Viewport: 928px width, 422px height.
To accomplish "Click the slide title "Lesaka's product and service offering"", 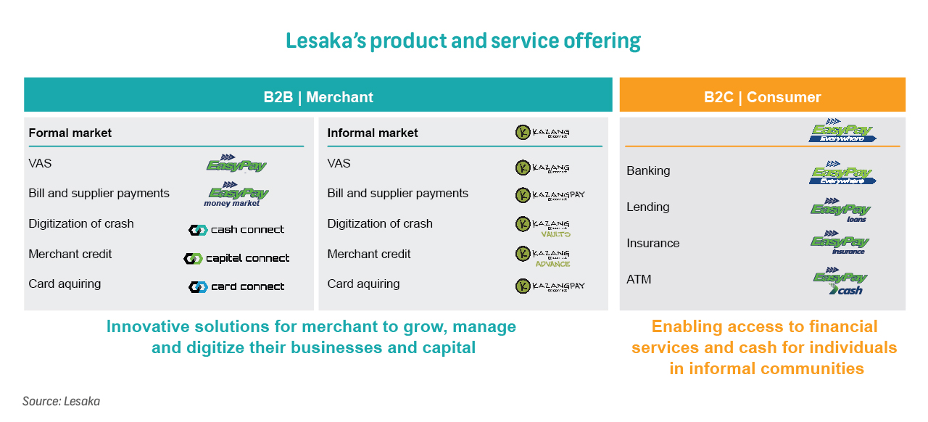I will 463,41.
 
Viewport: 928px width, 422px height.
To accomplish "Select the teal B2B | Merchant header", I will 318,96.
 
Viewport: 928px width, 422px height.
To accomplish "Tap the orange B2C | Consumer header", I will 762,96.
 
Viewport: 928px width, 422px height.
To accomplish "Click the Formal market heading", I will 70,133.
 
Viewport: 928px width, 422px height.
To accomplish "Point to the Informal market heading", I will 373,133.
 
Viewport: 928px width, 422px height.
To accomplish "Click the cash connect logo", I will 236,230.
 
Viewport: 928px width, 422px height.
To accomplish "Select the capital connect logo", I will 236,258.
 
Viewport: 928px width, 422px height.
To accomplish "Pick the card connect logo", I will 236,286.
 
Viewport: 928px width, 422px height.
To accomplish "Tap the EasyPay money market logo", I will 238,195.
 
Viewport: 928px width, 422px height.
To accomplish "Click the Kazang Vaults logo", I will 543,226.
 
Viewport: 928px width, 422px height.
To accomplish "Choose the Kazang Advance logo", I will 543,256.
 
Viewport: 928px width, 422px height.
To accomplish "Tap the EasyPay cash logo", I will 841,282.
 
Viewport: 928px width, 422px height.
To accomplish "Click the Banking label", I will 648,171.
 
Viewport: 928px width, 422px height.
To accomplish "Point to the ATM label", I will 639,279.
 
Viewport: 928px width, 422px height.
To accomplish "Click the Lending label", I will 647,207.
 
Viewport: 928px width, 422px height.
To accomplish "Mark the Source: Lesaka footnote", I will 61,401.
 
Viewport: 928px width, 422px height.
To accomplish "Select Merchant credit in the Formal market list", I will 70,255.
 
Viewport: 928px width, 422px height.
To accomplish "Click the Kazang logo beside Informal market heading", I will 542,133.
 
